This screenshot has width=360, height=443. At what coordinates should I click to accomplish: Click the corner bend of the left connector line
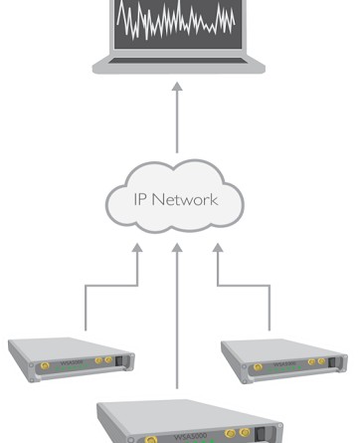87,288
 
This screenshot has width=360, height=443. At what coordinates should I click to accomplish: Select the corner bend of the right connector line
268,288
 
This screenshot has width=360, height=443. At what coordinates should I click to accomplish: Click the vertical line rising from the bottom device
177,329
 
